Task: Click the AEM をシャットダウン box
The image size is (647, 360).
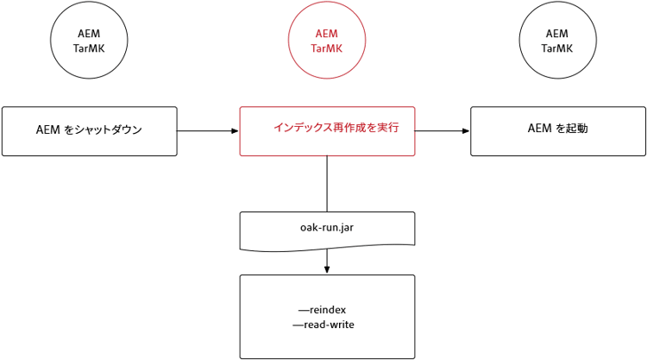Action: tap(89, 131)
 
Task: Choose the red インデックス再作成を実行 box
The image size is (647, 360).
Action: tap(326, 131)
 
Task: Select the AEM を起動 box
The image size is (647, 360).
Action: tap(557, 131)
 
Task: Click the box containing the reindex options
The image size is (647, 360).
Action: tap(326, 316)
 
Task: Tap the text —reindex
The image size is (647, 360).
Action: tap(322, 309)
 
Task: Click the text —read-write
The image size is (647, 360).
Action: tap(323, 325)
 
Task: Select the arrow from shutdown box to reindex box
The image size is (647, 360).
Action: tap(208, 131)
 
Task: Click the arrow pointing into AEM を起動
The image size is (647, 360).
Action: tap(443, 131)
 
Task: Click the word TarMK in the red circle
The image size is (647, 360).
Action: tap(326, 49)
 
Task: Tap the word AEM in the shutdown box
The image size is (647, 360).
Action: tap(47, 131)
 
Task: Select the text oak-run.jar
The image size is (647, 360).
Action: tap(326, 227)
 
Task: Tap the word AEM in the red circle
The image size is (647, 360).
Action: tap(326, 34)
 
